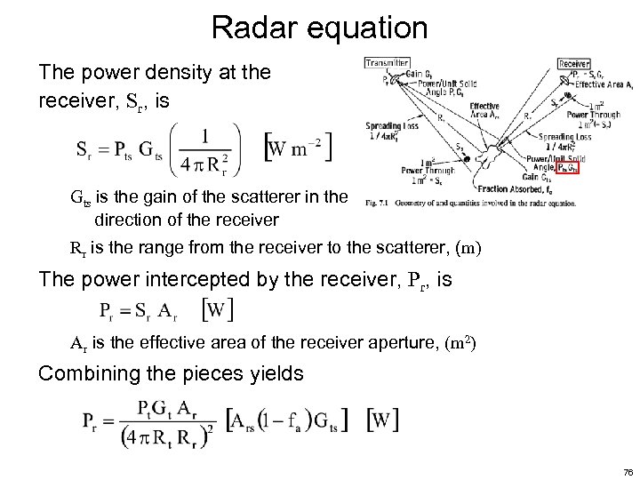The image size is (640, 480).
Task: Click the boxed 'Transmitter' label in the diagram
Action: point(387,63)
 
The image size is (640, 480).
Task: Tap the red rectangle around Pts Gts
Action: point(568,167)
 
